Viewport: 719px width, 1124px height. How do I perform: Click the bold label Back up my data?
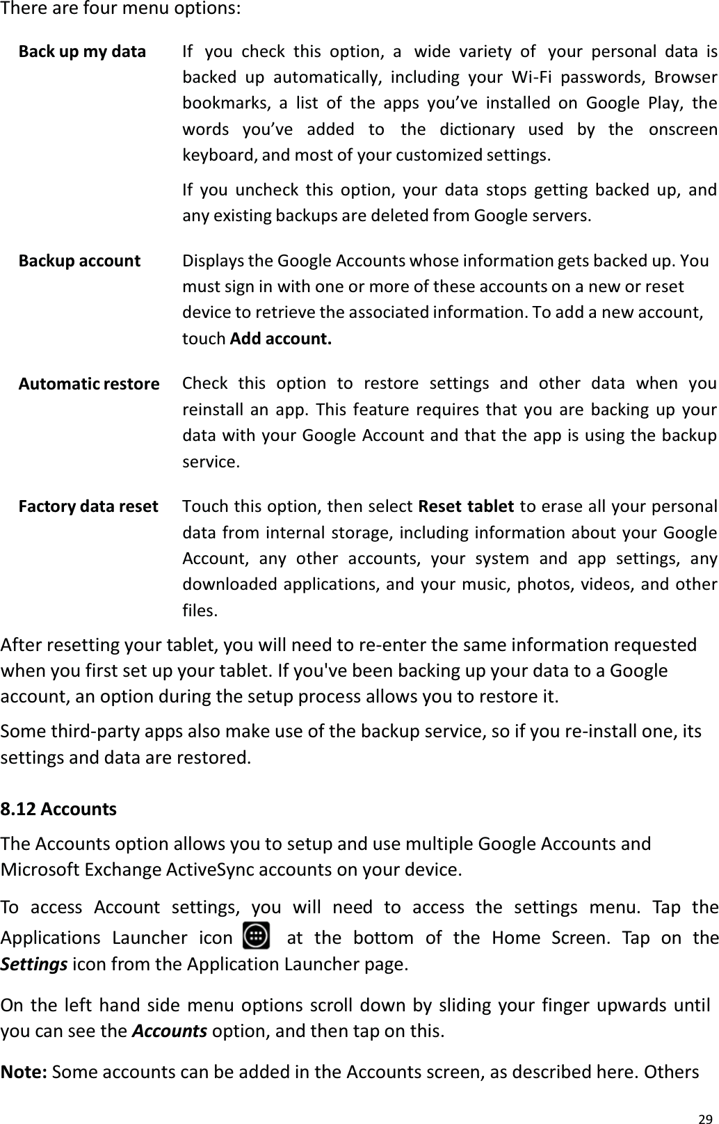[82, 52]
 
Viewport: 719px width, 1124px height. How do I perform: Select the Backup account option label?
[79, 261]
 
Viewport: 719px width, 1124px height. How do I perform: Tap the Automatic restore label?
[88, 384]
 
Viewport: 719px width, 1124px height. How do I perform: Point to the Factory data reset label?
[88, 506]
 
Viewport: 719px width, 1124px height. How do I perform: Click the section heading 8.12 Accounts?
[58, 810]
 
